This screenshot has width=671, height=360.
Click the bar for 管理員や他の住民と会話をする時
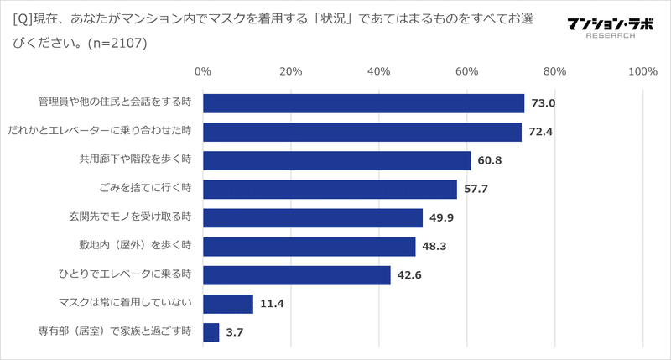click(363, 103)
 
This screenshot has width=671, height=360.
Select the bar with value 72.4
click(362, 132)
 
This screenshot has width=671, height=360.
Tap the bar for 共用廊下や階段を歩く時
click(336, 160)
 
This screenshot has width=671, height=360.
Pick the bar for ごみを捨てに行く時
click(330, 189)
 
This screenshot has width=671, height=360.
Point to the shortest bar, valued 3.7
click(211, 332)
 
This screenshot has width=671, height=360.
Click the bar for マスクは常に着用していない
click(227, 304)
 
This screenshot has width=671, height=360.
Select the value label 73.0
click(544, 103)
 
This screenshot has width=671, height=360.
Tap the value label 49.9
click(443, 218)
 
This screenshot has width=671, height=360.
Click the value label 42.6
click(410, 275)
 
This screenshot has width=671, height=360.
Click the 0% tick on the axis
click(202, 71)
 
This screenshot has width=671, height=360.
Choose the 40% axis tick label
click(378, 71)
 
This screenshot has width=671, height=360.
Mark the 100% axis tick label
click(642, 71)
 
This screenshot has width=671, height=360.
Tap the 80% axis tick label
click(554, 71)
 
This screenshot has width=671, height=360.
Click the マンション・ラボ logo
click(604, 28)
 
